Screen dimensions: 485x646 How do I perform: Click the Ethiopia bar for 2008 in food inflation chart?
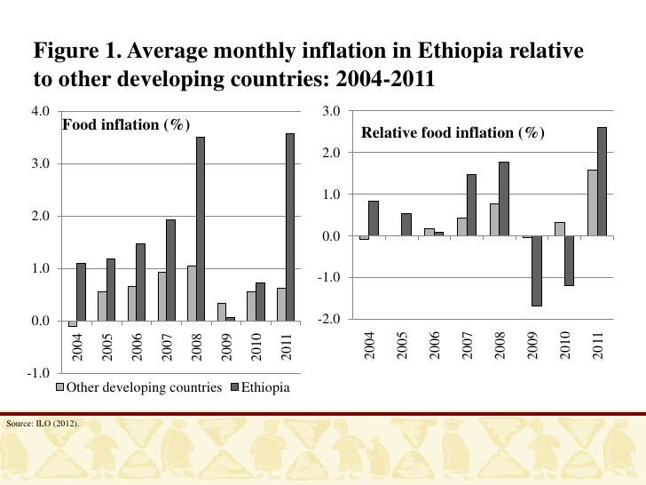(201, 228)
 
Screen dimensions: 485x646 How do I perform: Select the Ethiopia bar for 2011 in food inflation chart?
(290, 227)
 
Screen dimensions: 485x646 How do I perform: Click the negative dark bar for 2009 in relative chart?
(537, 271)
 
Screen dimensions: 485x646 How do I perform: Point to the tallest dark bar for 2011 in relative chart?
(603, 181)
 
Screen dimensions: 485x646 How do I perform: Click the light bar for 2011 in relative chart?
(592, 203)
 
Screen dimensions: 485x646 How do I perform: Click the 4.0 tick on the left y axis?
(39, 111)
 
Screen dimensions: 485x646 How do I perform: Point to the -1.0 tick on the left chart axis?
(37, 372)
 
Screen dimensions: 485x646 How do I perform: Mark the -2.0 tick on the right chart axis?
(332, 319)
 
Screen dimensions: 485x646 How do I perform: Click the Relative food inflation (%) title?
(453, 134)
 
